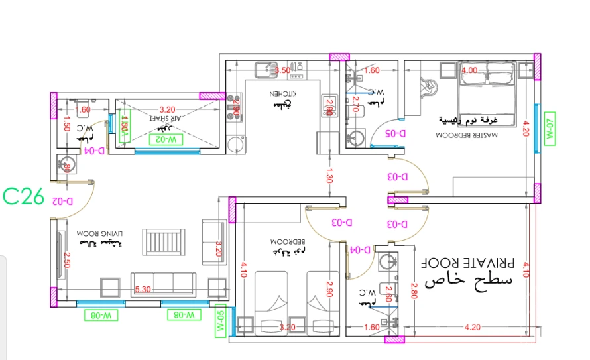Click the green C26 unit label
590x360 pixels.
click(23, 196)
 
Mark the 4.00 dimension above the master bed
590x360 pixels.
click(469, 70)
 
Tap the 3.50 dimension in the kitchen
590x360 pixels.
click(282, 70)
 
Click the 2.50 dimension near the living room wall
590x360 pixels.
click(67, 261)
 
